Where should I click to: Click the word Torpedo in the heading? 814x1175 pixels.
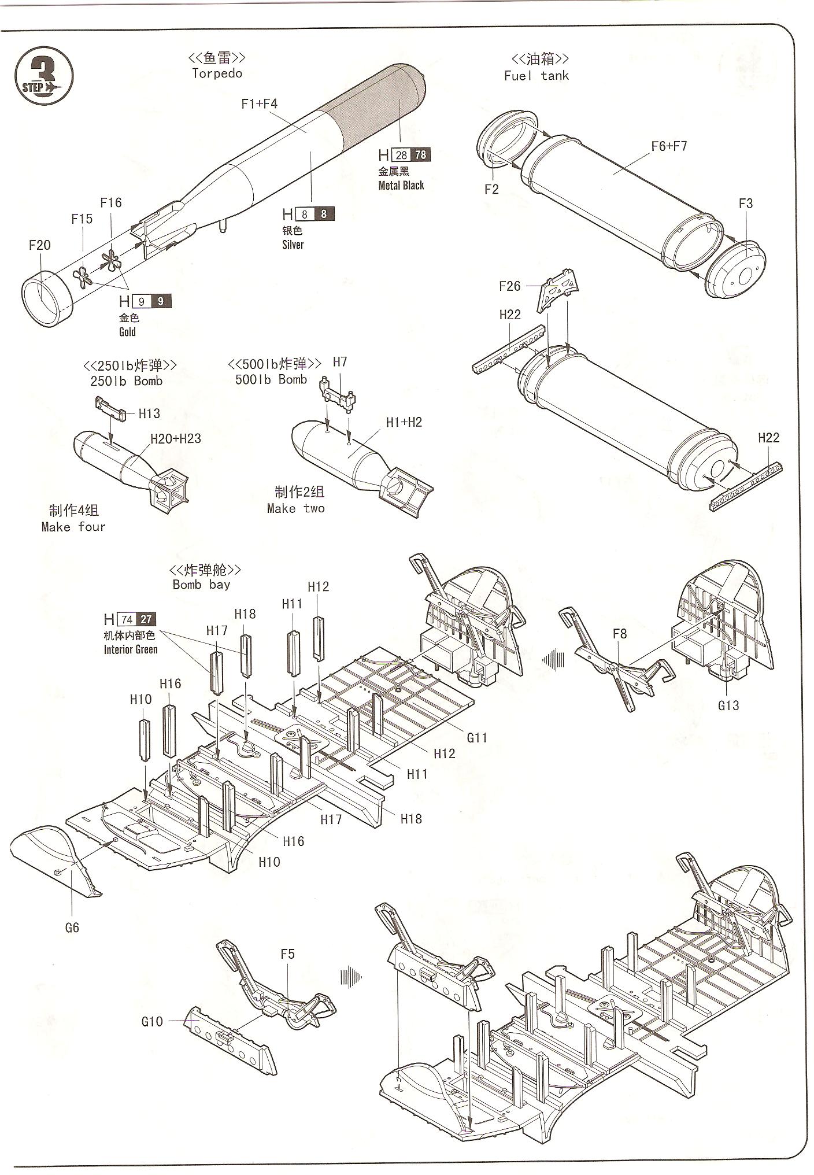coord(217,73)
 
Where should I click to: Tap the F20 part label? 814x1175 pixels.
coord(40,245)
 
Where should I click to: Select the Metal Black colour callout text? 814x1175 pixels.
coord(401,186)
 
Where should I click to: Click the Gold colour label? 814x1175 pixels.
coord(127,332)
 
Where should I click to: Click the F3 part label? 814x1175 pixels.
coord(746,204)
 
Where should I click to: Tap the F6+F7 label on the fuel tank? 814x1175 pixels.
coord(669,146)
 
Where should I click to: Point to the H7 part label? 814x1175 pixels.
coord(340,362)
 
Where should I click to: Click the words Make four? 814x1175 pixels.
coord(73,527)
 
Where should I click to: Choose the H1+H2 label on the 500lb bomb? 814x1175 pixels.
coord(404,422)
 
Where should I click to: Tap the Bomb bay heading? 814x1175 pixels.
coord(201,585)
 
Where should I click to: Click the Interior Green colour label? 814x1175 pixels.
coord(131,649)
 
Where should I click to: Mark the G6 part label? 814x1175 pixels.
coord(72,928)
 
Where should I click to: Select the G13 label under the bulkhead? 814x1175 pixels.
coord(728,705)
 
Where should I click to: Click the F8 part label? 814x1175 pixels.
coord(620,634)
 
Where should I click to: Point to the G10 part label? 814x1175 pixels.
coord(152,1021)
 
